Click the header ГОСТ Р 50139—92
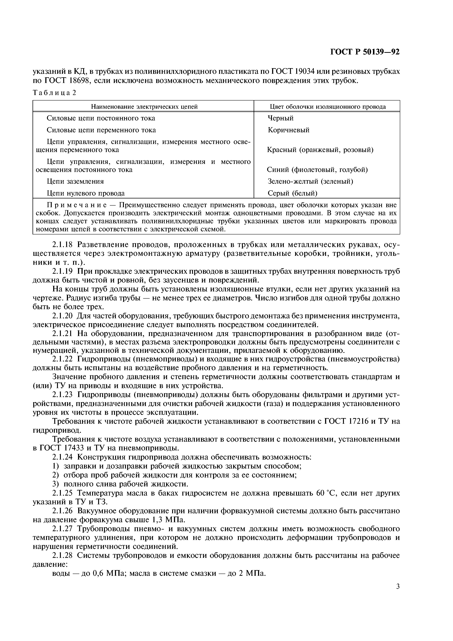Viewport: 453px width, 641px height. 365,52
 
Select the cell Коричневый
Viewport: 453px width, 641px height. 289,130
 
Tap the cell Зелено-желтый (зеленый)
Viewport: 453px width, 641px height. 310,181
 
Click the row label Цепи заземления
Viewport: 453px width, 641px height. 75,181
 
